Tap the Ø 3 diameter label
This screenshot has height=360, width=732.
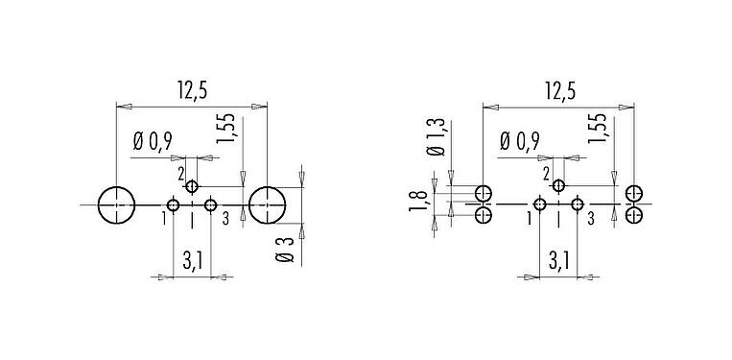tap(286, 248)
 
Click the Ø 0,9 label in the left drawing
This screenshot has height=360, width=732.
tap(153, 143)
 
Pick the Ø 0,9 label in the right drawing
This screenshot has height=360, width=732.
tap(520, 143)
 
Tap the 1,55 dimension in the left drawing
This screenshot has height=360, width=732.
tap(226, 129)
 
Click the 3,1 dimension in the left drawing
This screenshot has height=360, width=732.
tap(192, 259)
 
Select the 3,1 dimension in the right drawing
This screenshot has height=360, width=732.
tap(558, 259)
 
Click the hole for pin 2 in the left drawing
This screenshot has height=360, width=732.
tap(192, 186)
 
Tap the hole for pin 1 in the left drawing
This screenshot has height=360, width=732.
tap(174, 204)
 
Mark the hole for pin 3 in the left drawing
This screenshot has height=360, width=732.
tap(211, 204)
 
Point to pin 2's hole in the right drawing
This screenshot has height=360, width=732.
tap(558, 186)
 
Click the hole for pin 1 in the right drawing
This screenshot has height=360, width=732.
tap(540, 204)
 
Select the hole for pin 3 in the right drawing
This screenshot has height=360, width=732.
tap(578, 204)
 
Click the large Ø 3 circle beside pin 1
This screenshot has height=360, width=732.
tap(116, 204)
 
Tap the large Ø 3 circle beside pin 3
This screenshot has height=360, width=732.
tap(268, 204)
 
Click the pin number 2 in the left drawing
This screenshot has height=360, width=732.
tap(180, 173)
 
